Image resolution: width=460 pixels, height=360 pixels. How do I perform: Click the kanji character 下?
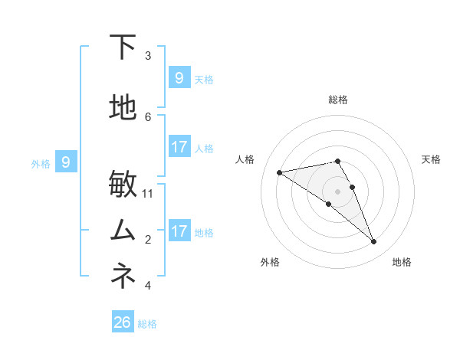pos(123,47)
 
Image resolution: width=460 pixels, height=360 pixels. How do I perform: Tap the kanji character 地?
pos(123,108)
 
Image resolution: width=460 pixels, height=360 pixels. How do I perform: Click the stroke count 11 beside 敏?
pos(148,193)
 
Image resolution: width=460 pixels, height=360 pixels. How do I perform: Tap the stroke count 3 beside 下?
pos(148,55)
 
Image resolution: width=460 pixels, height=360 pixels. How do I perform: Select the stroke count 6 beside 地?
pos(148,116)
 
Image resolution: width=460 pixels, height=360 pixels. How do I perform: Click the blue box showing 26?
pos(123,322)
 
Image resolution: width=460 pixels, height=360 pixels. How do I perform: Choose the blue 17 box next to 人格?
pos(179,147)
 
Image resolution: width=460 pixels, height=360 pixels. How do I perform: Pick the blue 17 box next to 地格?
pos(179,231)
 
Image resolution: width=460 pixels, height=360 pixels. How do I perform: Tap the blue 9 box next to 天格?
pos(179,77)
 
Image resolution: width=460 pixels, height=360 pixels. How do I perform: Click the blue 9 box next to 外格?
pos(66,162)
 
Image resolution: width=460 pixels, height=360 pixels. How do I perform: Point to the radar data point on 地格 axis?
pos(374,242)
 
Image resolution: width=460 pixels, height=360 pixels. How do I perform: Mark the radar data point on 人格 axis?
pos(279,172)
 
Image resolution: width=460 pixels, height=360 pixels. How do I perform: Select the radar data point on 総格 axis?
pos(337,162)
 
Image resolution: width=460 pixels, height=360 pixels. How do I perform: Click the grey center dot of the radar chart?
pos(337,191)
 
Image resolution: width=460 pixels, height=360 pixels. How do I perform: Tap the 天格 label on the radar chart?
pos(431,159)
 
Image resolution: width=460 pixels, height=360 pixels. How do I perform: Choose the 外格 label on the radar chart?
pos(270,262)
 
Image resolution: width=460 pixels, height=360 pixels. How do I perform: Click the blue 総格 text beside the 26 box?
pos(147,324)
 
